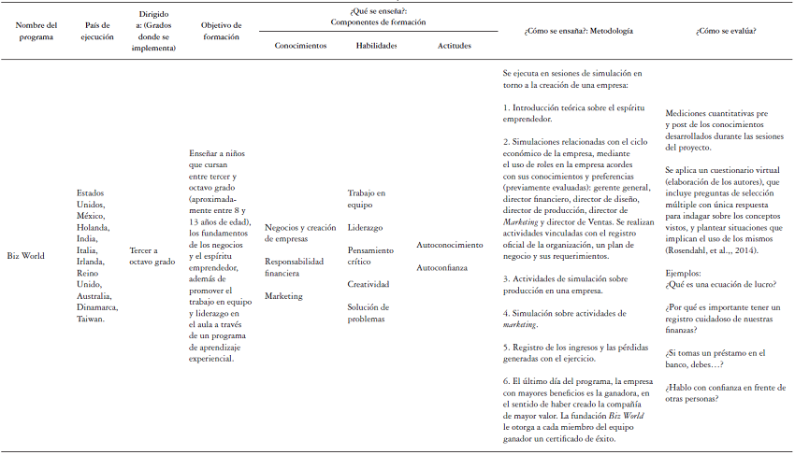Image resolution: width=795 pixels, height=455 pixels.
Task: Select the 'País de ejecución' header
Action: pyautogui.click(x=97, y=31)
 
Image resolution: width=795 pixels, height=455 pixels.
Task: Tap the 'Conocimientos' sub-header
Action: pyautogui.click(x=300, y=46)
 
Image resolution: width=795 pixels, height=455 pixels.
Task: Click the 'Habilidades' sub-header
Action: pyautogui.click(x=377, y=46)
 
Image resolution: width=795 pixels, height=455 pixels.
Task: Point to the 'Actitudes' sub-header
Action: pyautogui.click(x=455, y=46)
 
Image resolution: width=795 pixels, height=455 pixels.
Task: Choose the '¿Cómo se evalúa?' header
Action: pyautogui.click(x=726, y=31)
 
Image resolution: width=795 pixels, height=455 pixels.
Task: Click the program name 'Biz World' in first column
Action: pyautogui.click(x=26, y=254)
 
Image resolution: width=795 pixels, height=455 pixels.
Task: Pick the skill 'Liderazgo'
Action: pyautogui.click(x=366, y=227)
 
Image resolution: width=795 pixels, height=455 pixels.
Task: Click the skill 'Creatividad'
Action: pyautogui.click(x=369, y=284)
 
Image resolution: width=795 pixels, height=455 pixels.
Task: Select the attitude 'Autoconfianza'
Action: pyautogui.click(x=442, y=267)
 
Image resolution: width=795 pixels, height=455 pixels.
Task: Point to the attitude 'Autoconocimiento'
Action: pyautogui.click(x=450, y=245)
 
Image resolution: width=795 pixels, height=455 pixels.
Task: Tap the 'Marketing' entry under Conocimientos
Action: pyautogui.click(x=282, y=295)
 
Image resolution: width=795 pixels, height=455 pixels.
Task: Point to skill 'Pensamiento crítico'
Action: pyautogui.click(x=370, y=255)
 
